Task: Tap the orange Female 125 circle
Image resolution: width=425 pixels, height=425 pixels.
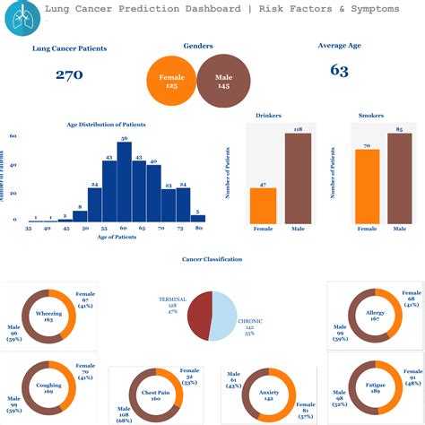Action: tap(171, 81)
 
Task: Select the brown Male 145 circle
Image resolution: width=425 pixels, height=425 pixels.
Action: tap(223, 81)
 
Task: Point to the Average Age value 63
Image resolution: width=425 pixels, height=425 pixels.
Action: tap(339, 70)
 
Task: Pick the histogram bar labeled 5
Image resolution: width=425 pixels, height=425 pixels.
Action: tap(197, 217)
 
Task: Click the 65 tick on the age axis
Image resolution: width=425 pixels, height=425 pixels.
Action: tap(139, 230)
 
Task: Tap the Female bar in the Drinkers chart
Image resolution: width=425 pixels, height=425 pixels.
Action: tap(263, 205)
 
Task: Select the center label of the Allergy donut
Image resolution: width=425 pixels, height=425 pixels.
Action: tap(374, 316)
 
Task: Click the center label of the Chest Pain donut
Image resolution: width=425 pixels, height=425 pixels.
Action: tap(152, 395)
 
